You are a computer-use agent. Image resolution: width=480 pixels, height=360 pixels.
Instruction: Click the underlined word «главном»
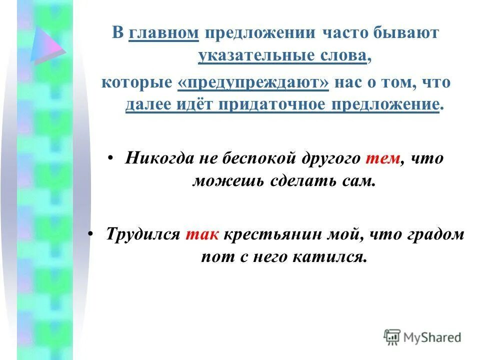point(163,33)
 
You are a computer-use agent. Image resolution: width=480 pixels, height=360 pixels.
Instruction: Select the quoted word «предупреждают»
point(253,82)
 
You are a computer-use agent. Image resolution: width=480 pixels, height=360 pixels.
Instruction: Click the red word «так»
point(202,234)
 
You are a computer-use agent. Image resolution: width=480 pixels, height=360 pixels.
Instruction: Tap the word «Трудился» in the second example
point(143,234)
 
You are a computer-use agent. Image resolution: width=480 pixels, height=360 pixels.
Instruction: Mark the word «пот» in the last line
point(213,257)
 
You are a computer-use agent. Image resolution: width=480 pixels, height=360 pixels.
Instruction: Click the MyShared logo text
point(431,337)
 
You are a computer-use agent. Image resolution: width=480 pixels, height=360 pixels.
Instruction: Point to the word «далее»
point(146,105)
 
